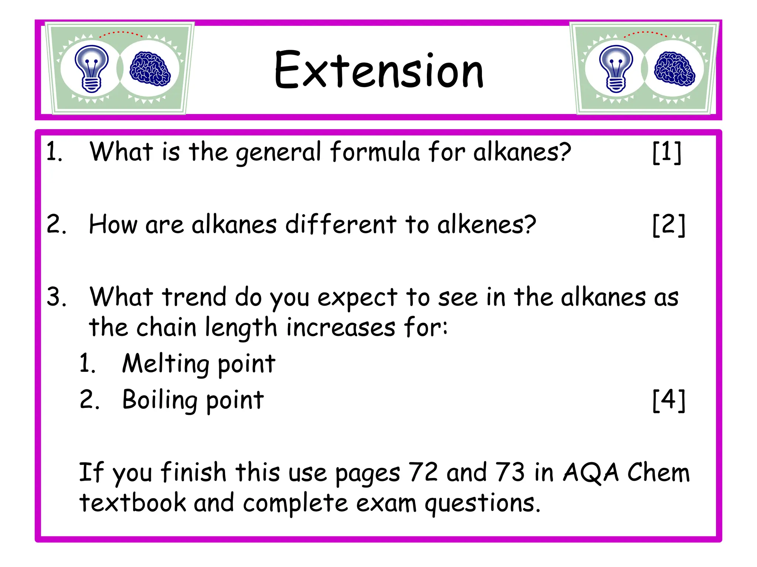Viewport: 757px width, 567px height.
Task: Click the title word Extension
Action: click(x=379, y=70)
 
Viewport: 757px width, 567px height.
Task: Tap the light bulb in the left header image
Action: click(x=91, y=68)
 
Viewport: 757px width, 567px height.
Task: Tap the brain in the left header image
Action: click(x=150, y=69)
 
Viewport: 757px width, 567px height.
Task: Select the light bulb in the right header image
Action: click(x=616, y=68)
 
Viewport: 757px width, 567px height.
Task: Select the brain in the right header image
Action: click(x=674, y=69)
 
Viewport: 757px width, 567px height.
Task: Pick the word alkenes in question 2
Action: click(x=486, y=224)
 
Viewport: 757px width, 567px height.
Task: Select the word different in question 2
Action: click(x=341, y=224)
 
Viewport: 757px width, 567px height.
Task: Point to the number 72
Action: click(x=423, y=472)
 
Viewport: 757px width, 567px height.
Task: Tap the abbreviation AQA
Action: click(x=591, y=473)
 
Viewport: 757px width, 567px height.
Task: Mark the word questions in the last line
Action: click(x=482, y=504)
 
